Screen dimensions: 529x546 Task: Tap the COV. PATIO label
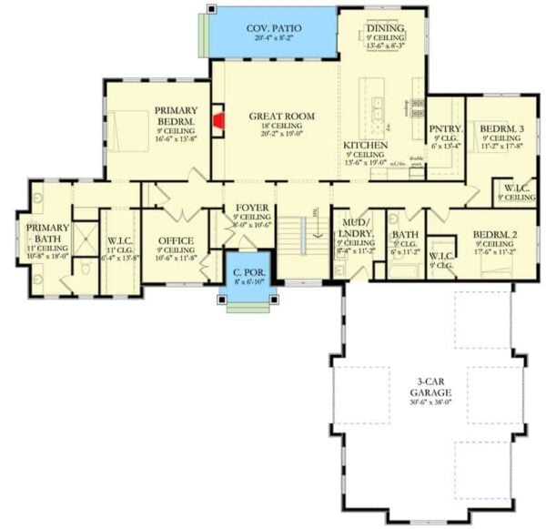(274, 28)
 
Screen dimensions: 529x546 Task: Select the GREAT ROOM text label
(281, 117)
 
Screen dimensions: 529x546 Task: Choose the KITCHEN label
(366, 146)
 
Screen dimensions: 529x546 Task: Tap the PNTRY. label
(446, 129)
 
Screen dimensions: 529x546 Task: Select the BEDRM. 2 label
(495, 235)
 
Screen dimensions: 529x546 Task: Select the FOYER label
(251, 208)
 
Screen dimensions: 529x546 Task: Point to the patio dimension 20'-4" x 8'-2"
(274, 39)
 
